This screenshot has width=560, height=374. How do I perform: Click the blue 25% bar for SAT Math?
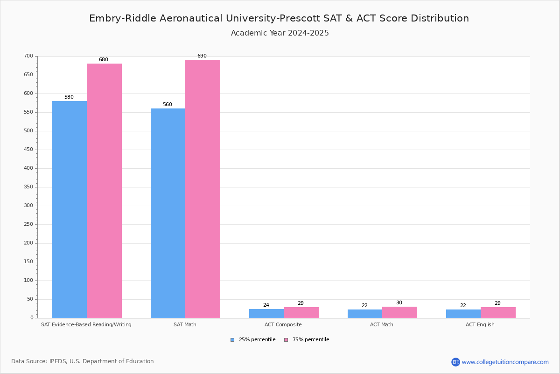tap(168, 213)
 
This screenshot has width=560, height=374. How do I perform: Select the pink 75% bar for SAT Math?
tap(203, 189)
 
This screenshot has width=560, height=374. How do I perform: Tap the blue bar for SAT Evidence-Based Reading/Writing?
tap(70, 209)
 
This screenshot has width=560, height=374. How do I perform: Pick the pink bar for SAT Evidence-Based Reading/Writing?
tap(104, 191)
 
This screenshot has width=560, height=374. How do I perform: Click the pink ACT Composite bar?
tap(301, 312)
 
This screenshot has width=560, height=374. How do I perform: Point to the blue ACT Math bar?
tap(365, 314)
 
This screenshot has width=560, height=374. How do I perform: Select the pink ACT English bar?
tap(498, 312)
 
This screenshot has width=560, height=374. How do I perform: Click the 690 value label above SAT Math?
tap(202, 56)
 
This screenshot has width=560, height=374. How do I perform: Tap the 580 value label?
tap(69, 97)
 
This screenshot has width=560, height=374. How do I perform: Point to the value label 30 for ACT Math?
tap(399, 303)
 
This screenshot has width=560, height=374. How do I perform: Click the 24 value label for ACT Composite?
tap(266, 305)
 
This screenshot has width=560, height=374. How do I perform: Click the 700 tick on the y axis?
tap(28, 56)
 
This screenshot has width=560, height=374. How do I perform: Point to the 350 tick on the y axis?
tap(28, 187)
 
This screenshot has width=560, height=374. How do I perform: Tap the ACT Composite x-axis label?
tap(283, 324)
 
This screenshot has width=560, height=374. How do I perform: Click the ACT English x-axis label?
tap(480, 324)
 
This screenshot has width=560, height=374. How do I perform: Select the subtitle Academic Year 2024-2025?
tap(280, 33)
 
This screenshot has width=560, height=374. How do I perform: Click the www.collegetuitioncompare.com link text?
tap(505, 362)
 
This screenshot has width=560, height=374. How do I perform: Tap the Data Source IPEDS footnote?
tap(83, 361)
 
